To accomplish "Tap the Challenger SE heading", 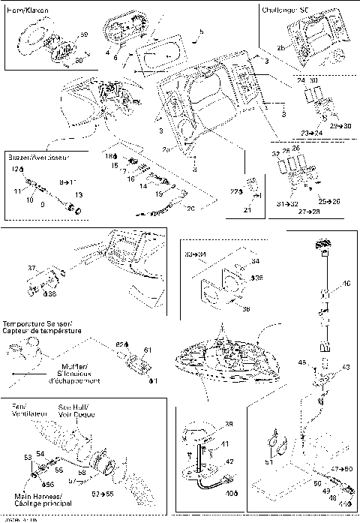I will [285, 11].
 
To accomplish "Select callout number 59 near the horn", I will [83, 35].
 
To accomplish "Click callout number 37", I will [31, 267].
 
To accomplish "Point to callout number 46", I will [346, 284].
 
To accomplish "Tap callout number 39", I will [228, 424].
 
